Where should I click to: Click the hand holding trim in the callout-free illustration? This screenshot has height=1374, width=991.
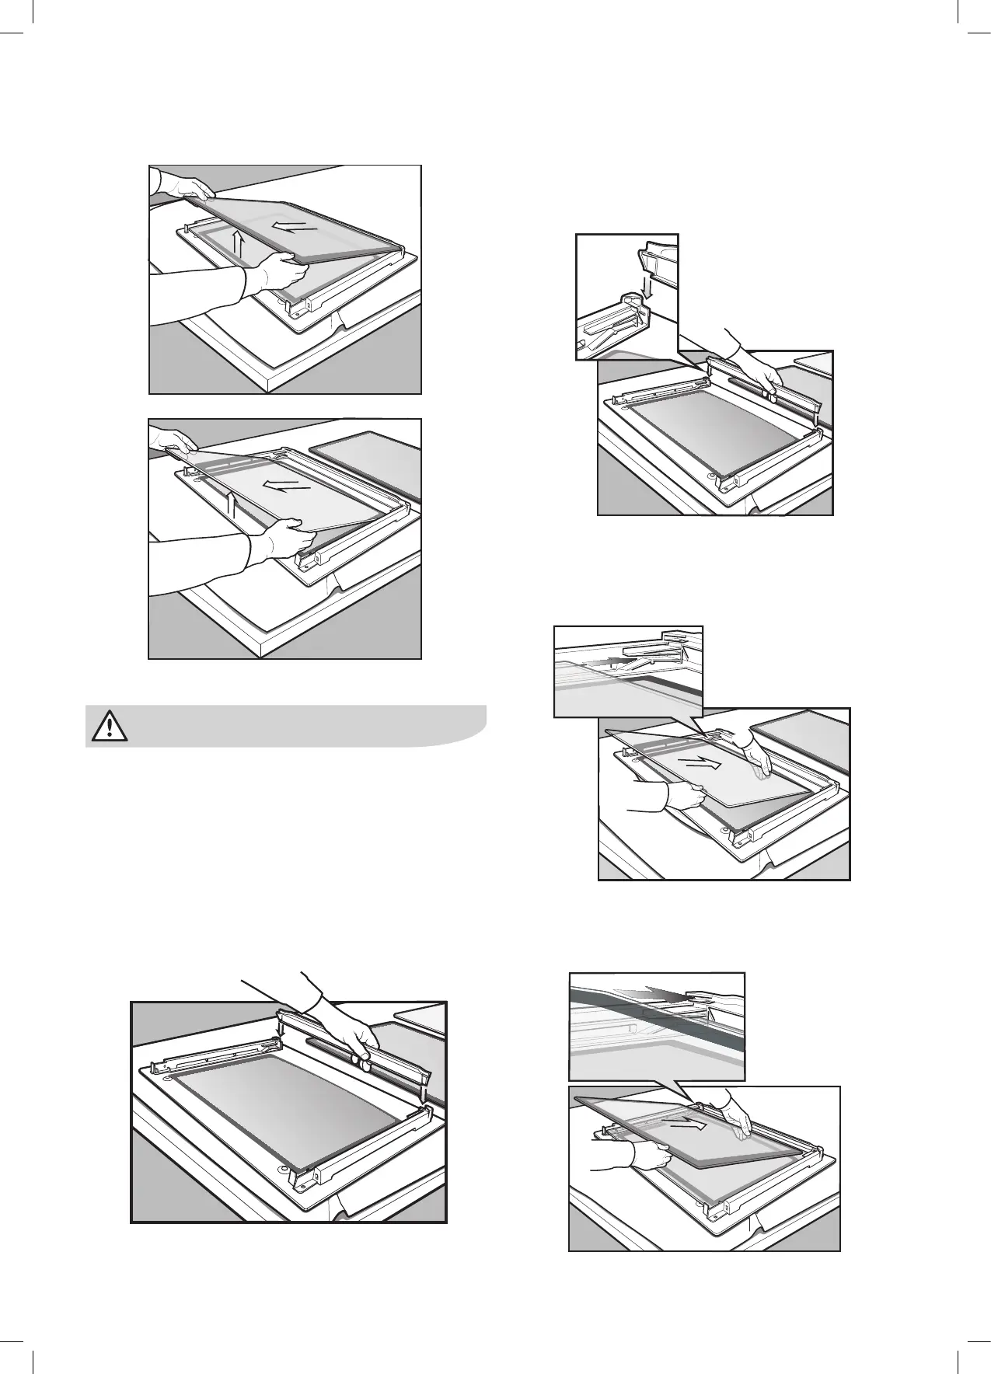click(354, 1034)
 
